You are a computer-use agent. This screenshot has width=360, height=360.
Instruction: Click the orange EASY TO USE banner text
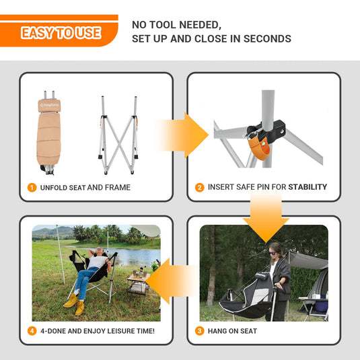pyautogui.click(x=61, y=33)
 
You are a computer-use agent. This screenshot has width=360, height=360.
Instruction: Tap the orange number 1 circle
pyautogui.click(x=32, y=188)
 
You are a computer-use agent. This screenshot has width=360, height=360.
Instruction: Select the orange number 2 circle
pyautogui.click(x=200, y=187)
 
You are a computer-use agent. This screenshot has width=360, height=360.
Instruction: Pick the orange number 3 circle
pyautogui.click(x=200, y=331)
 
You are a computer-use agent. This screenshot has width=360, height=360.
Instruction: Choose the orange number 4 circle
pyautogui.click(x=32, y=331)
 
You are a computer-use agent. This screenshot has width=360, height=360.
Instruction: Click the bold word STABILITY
pyautogui.click(x=308, y=187)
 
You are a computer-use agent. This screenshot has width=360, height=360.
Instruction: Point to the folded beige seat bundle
pyautogui.click(x=48, y=133)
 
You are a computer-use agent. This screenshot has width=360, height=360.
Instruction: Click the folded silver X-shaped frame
pyautogui.click(x=118, y=135)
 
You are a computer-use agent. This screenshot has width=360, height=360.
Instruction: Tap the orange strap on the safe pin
pyautogui.click(x=259, y=149)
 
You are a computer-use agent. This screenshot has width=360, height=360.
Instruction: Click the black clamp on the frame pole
pyautogui.click(x=266, y=130)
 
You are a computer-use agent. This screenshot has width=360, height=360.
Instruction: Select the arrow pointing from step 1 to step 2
pyautogui.click(x=182, y=135)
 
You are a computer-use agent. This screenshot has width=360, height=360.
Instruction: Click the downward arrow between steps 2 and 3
pyautogui.click(x=266, y=217)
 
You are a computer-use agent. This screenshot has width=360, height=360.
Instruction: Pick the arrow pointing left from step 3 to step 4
pyautogui.click(x=171, y=281)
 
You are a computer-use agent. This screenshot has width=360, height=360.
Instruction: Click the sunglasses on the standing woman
pyautogui.click(x=273, y=254)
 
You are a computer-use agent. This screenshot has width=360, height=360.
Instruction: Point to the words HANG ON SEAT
pyautogui.click(x=232, y=331)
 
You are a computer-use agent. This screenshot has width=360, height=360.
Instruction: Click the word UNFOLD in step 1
pyautogui.click(x=53, y=188)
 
